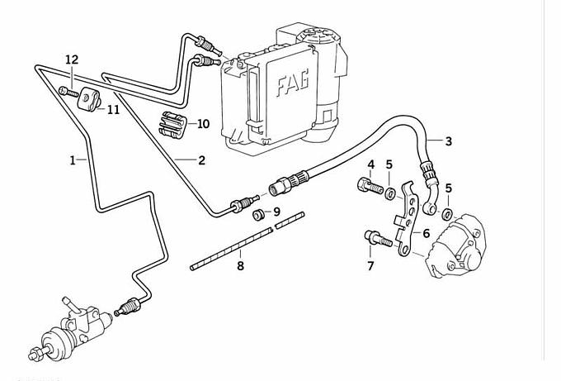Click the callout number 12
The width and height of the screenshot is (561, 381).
coord(72,60)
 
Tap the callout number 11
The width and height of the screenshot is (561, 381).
coord(112,109)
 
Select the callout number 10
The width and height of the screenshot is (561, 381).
coord(203,124)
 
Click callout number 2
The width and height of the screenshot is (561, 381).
coord(200,160)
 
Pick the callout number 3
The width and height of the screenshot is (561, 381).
coord(448,142)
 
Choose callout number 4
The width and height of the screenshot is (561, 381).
coord(371,164)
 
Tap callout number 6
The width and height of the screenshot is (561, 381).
coord(426,234)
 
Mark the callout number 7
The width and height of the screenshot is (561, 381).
coord(370,265)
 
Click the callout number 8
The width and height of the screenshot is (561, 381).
coord(240,266)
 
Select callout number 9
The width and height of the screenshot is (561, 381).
coord(276,212)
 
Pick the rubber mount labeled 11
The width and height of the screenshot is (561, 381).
coord(88,102)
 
